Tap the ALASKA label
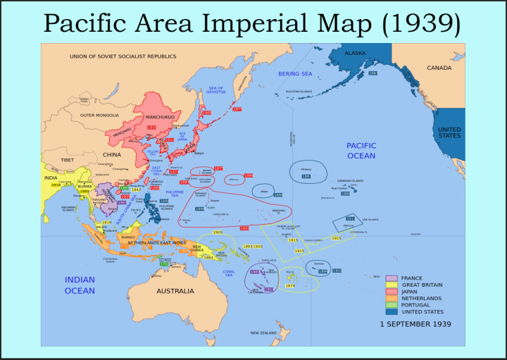pos(355,53)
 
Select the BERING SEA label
pos(294,73)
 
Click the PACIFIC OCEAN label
pos(361,150)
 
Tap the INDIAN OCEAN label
pos(80,285)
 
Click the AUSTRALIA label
pos(175,291)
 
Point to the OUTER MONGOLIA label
pos(96,115)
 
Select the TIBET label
pos(67,160)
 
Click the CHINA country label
pos(112,154)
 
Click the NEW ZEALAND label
pos(263,333)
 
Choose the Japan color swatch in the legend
pos(392,292)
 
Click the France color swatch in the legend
pos(392,278)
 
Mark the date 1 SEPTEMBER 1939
pos(415,324)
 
